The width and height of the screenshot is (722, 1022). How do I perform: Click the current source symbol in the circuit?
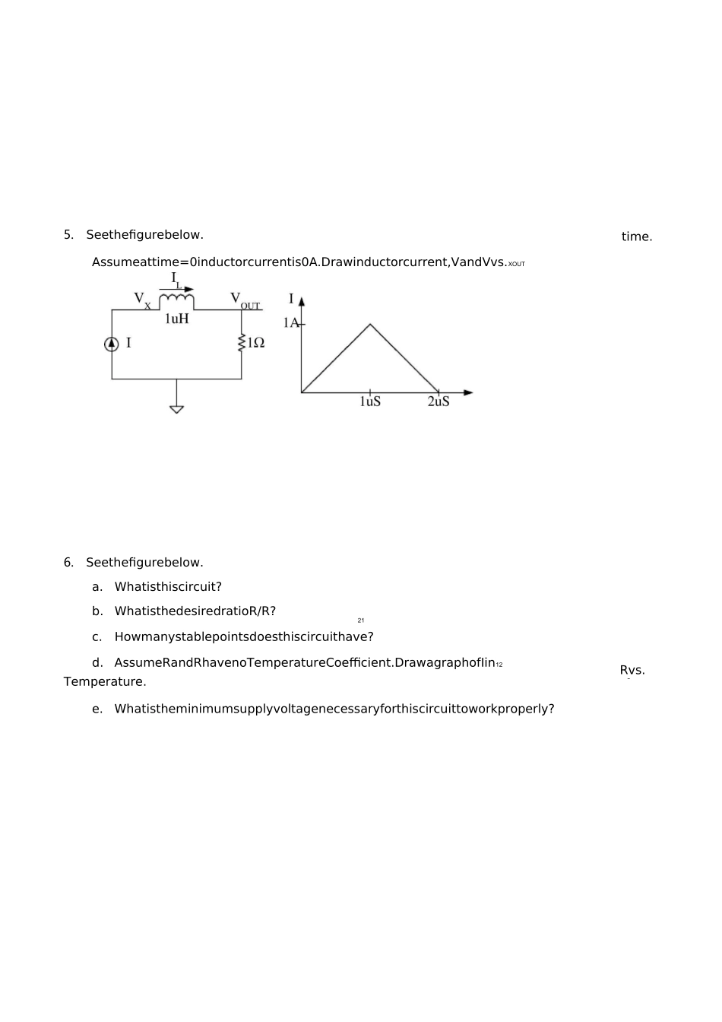point(112,344)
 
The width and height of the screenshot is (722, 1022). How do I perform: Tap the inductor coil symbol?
point(176,302)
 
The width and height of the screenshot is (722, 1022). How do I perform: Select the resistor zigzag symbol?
point(242,343)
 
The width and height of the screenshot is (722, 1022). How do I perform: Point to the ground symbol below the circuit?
point(176,409)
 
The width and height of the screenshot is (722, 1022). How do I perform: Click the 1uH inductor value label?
point(176,319)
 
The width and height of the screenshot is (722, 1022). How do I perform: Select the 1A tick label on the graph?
point(291,322)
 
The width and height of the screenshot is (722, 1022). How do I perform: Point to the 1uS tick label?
point(370,401)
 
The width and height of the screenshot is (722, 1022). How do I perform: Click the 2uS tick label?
point(439,401)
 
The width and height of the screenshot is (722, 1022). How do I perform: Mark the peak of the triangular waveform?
point(370,325)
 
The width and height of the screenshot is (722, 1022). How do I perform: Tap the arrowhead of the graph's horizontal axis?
point(468,392)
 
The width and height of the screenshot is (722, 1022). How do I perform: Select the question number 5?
point(68,235)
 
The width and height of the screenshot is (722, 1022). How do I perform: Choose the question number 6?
point(68,563)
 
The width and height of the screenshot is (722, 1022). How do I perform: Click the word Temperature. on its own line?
point(105,681)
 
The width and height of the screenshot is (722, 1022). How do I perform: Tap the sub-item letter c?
point(97,637)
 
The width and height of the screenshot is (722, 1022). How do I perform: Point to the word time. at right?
point(637,236)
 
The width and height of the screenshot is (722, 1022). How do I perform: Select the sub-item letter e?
point(97,709)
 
